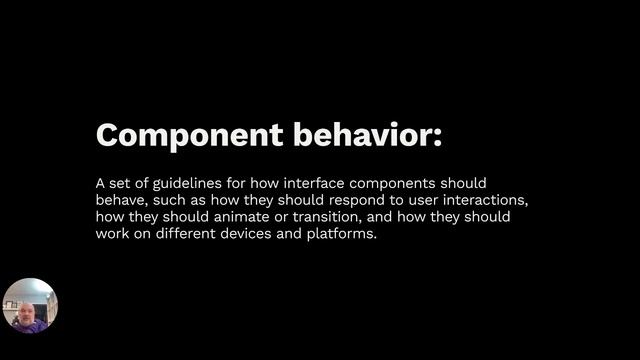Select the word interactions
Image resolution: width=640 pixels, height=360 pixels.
(x=488, y=201)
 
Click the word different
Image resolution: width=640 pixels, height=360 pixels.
(x=186, y=235)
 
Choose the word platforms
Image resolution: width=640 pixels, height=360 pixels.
(x=342, y=235)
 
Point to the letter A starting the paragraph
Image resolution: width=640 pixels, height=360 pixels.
(x=100, y=184)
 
